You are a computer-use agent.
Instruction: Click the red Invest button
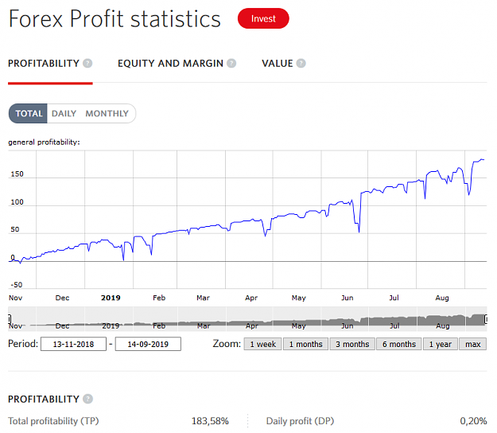point(263,18)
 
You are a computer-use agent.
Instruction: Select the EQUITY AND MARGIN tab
point(170,64)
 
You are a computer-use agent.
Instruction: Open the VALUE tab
point(277,64)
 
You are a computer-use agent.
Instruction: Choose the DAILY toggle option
point(64,114)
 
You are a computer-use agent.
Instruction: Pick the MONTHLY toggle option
point(107,114)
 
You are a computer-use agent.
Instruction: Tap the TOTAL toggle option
point(28,113)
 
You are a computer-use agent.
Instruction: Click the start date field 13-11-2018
point(73,344)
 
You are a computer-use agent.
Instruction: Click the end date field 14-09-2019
point(148,344)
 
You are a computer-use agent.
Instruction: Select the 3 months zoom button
point(352,344)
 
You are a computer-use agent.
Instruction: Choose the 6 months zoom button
point(399,344)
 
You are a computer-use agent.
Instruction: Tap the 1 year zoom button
point(441,344)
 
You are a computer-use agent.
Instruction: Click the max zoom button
point(473,344)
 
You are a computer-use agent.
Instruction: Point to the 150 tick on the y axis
point(17,174)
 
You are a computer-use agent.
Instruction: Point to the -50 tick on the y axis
point(17,285)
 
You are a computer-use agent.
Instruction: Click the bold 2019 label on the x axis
point(111,298)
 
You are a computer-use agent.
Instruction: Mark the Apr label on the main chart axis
point(251,298)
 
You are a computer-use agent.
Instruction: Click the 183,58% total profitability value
point(210,421)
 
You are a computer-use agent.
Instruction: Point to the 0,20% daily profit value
point(473,421)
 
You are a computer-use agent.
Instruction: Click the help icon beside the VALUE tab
point(301,64)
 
